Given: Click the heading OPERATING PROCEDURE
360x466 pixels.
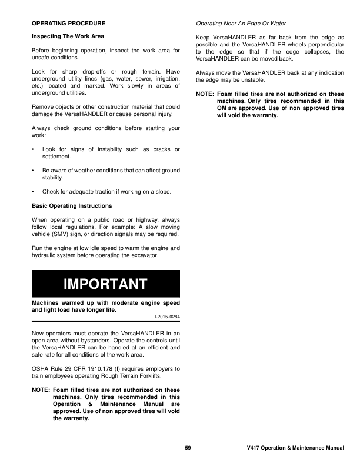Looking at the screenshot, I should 68,24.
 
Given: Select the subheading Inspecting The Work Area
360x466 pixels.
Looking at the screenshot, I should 68,36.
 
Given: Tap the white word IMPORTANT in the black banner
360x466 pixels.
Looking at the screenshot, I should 105,284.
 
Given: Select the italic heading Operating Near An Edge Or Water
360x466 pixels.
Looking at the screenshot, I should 241,24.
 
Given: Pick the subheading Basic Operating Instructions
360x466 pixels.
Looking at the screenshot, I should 71,206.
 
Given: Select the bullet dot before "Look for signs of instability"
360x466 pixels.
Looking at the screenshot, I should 34,150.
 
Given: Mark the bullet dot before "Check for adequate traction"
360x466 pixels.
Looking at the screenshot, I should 34,191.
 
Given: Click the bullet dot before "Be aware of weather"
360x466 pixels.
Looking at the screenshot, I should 34,171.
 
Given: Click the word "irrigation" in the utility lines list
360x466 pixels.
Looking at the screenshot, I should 166,86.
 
